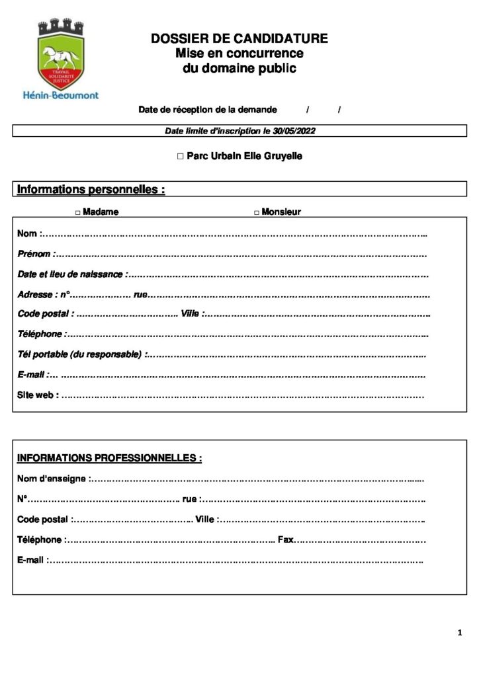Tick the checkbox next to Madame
[x=77, y=212]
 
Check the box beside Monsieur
[x=257, y=212]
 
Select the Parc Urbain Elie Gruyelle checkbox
[x=180, y=157]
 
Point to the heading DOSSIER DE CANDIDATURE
[x=239, y=39]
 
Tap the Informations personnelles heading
[x=91, y=190]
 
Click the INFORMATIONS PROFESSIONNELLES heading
[x=109, y=458]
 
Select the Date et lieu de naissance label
[x=70, y=274]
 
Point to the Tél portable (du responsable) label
[x=79, y=354]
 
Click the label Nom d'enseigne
[x=52, y=478]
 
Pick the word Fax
[x=285, y=539]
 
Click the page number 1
[x=459, y=633]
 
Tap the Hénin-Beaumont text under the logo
[x=60, y=95]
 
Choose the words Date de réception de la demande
[x=207, y=110]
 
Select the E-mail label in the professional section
[x=30, y=560]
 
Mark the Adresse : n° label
[x=44, y=294]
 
